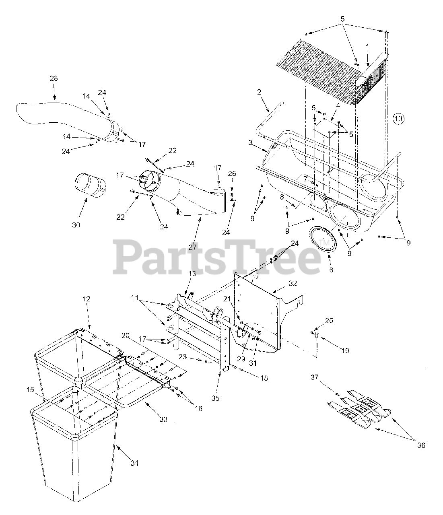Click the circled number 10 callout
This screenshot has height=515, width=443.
click(398, 118)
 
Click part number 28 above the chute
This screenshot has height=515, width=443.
click(54, 79)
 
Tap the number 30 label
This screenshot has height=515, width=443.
click(76, 225)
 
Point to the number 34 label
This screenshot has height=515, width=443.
click(134, 463)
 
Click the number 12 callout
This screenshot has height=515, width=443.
click(87, 299)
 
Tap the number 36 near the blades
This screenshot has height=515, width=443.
click(421, 445)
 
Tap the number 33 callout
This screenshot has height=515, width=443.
click(163, 419)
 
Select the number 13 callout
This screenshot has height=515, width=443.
click(192, 274)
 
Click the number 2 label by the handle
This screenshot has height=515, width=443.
click(259, 92)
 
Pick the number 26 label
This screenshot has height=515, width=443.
click(232, 174)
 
